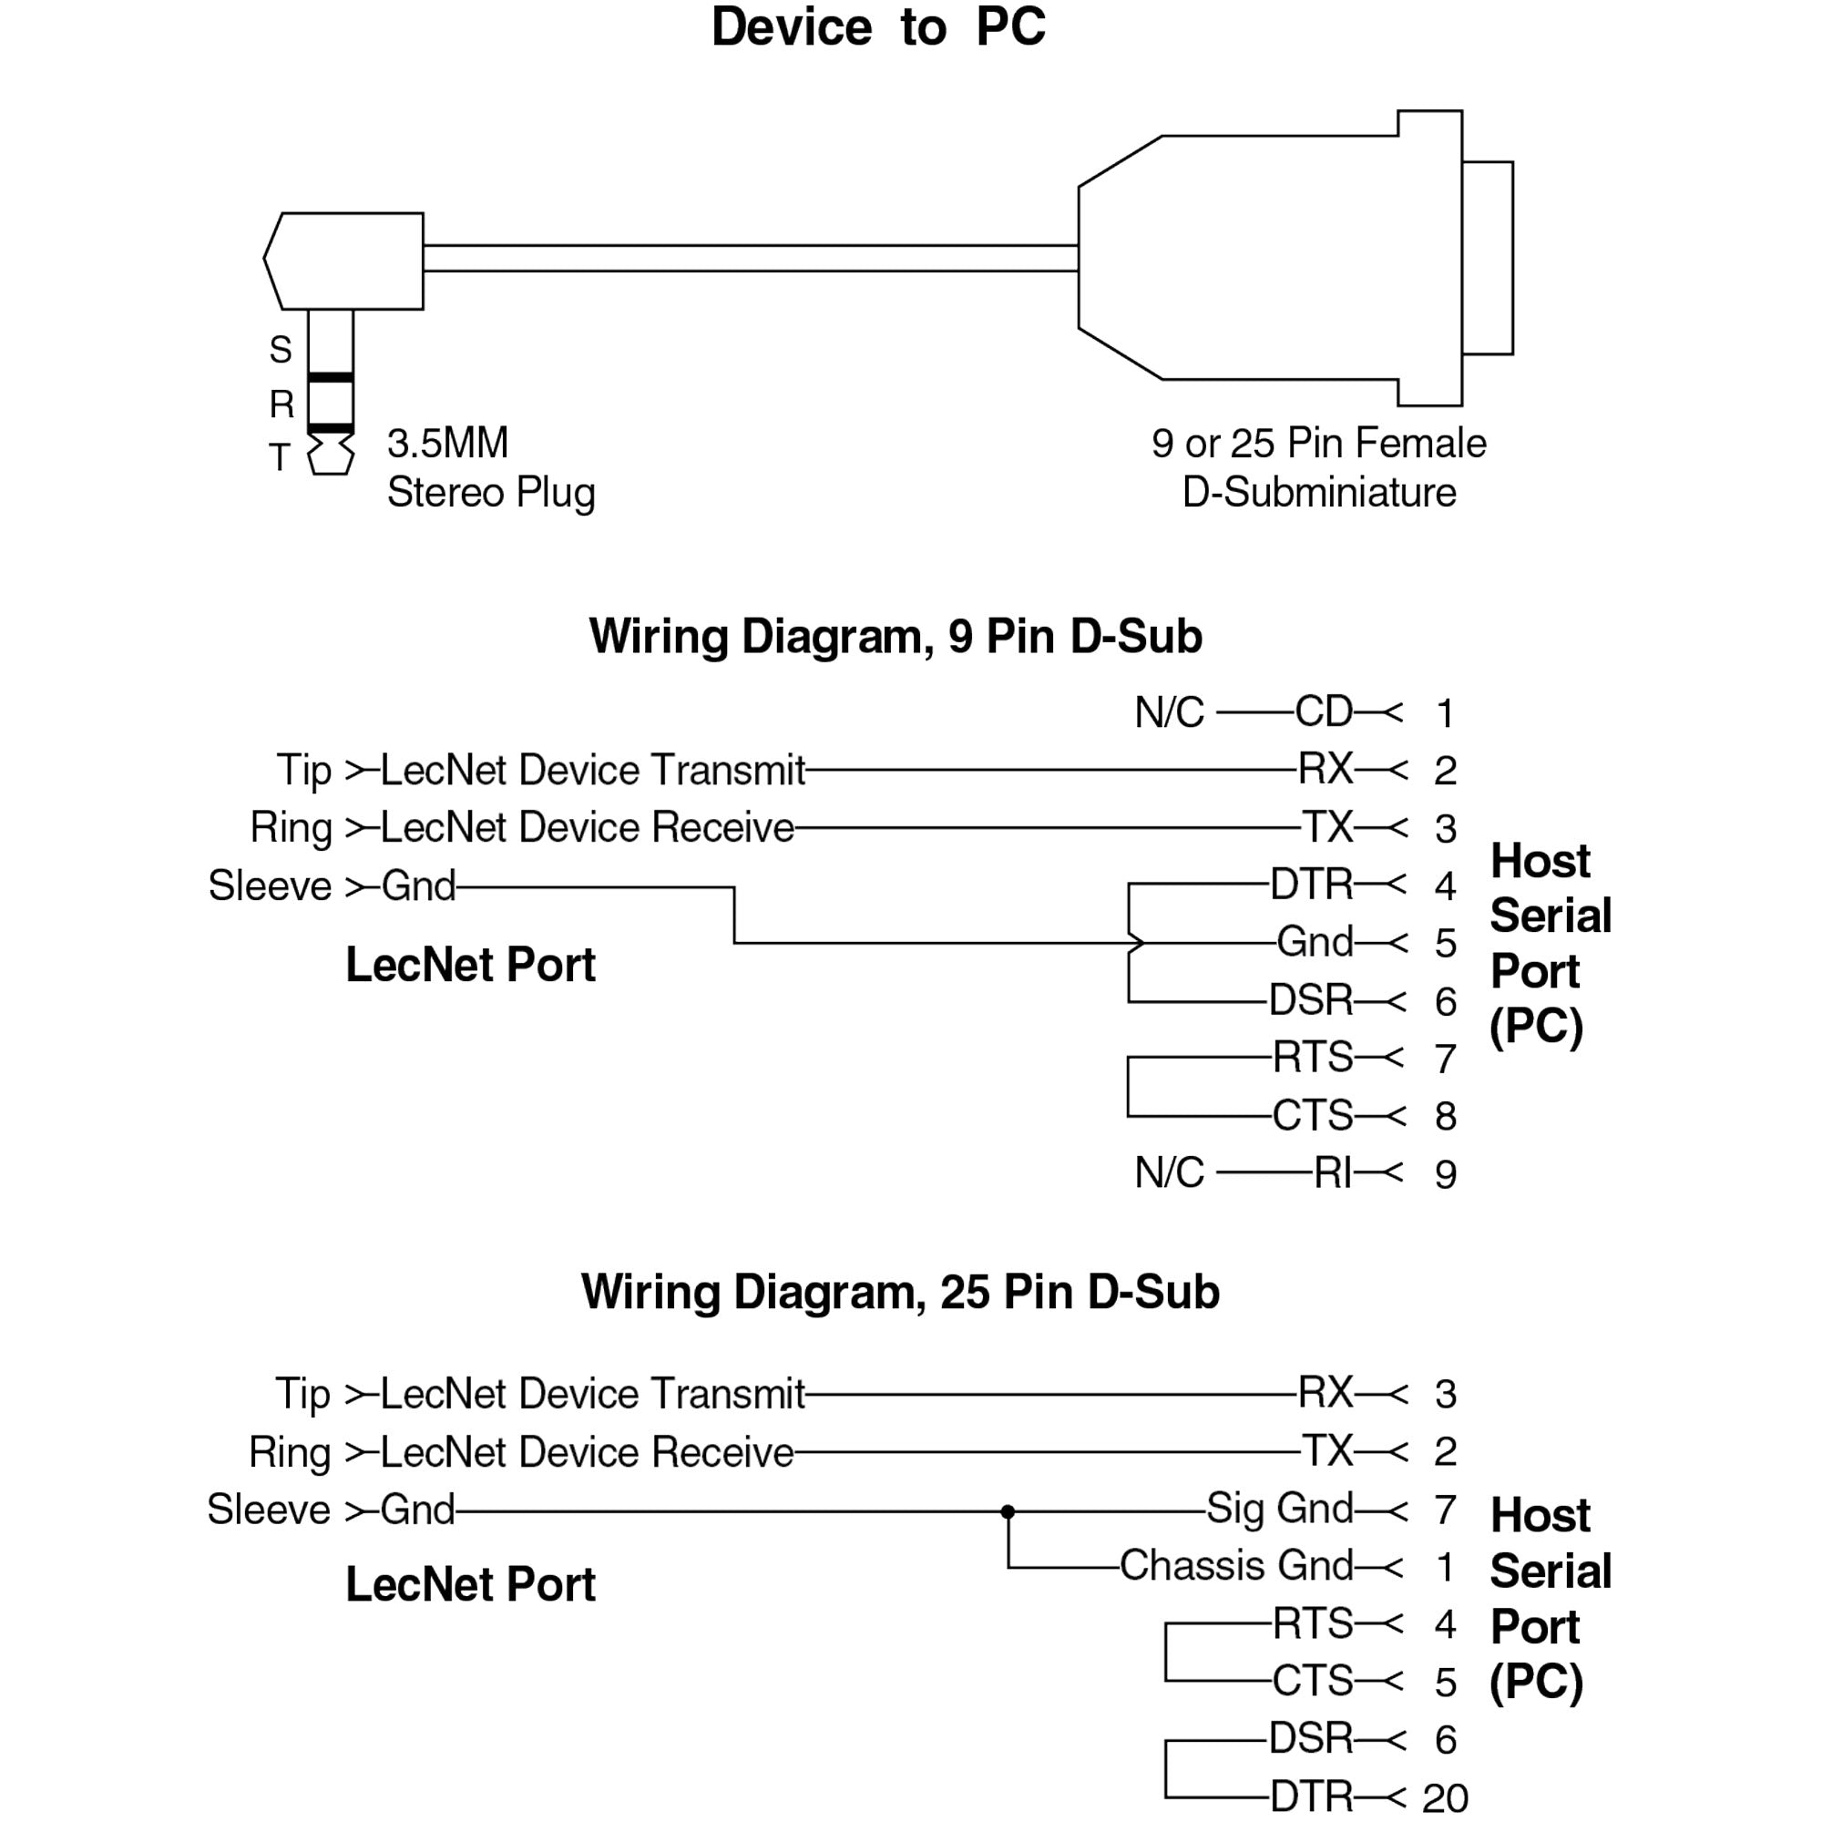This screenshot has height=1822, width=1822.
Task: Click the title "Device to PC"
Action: [x=878, y=26]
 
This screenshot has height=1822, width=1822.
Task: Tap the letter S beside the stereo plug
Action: [x=280, y=350]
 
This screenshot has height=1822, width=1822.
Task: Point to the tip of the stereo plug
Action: [x=331, y=455]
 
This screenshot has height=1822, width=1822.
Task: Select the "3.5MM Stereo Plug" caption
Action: [x=490, y=467]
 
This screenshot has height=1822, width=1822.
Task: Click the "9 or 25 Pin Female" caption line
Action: [x=1318, y=444]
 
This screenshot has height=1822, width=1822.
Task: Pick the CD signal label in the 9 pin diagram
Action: [x=1323, y=712]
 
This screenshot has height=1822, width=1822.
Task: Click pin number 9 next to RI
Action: [x=1445, y=1174]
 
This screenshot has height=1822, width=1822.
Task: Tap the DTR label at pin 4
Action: [x=1311, y=885]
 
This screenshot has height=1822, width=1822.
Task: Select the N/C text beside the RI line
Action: [x=1170, y=1173]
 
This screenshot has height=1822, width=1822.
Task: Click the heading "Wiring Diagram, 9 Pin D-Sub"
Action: [x=895, y=637]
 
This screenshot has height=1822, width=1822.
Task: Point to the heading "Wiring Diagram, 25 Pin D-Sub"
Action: [x=900, y=1292]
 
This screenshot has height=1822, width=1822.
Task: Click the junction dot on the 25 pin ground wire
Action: [x=1008, y=1511]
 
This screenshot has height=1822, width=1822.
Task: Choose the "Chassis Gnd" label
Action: [x=1235, y=1565]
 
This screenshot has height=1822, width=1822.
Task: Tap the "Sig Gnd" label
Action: [x=1280, y=1509]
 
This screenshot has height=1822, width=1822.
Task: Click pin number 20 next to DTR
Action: [x=1445, y=1798]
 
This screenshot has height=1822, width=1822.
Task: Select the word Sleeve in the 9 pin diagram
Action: [x=270, y=886]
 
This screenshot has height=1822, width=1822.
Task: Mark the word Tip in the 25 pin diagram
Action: [x=302, y=1394]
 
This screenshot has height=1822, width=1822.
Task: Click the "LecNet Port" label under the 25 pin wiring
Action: [x=470, y=1584]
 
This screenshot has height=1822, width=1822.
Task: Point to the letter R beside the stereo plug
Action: [x=281, y=404]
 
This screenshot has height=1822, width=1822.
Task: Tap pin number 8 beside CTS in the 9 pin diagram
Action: [x=1445, y=1117]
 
